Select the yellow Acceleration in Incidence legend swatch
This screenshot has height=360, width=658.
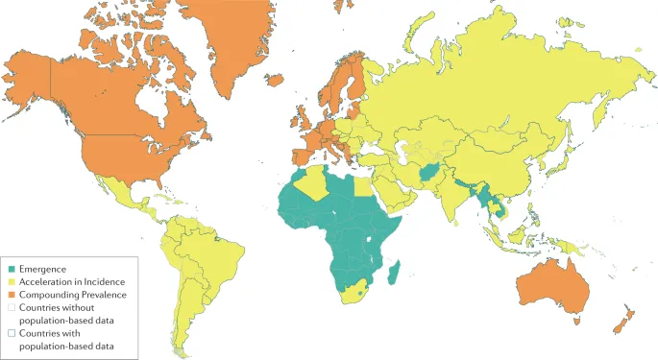tap(12, 282)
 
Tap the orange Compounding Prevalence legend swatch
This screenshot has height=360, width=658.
tap(12, 295)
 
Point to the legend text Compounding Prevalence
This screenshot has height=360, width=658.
tap(74, 295)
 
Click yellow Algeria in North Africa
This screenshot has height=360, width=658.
tap(317, 183)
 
